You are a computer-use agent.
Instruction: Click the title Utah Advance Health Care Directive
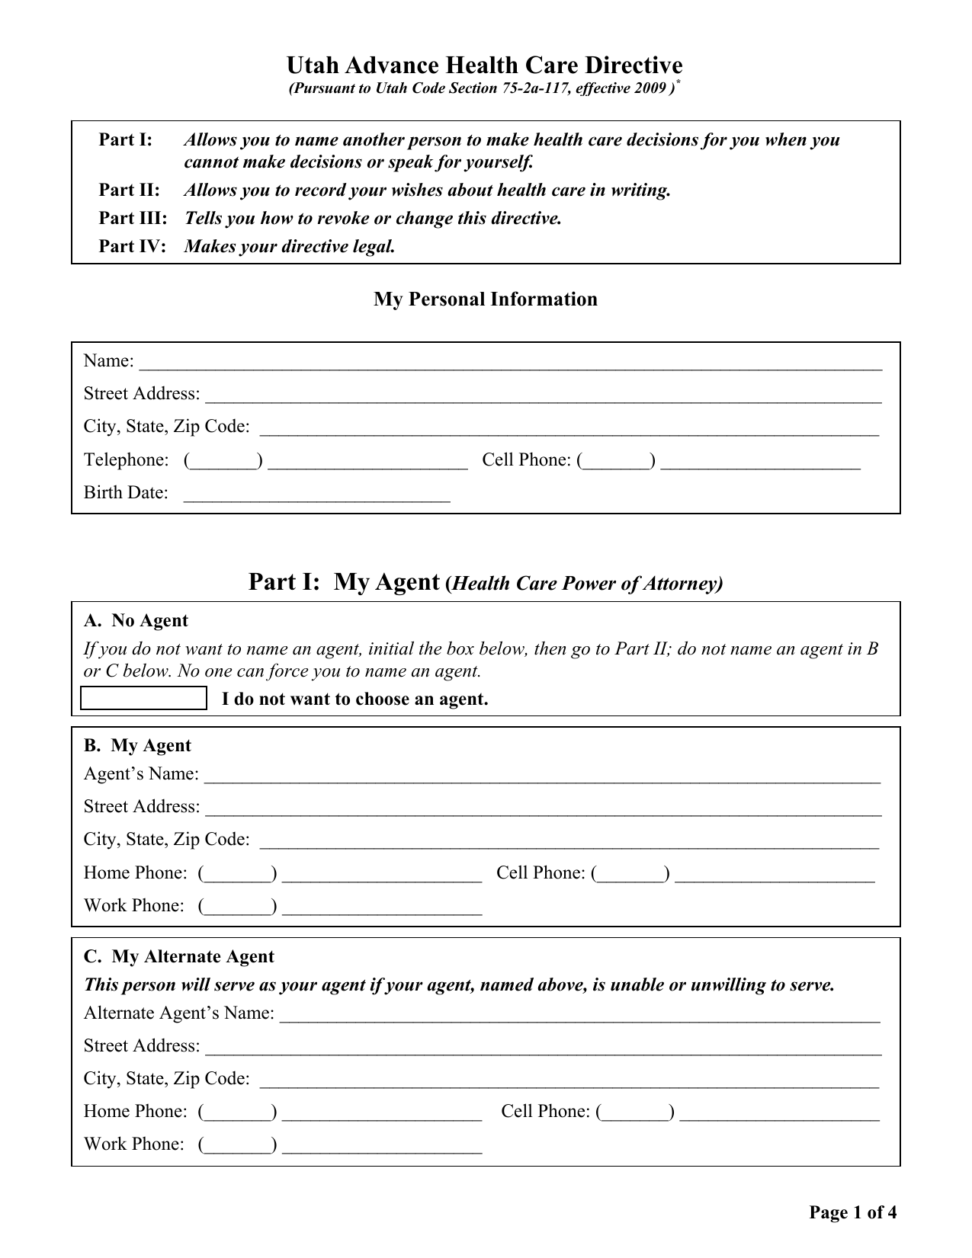[x=485, y=65]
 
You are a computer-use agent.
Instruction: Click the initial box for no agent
[x=144, y=698]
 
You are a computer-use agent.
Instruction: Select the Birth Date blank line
[x=317, y=495]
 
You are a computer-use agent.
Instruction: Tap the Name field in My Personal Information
[x=509, y=363]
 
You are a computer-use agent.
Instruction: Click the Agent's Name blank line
[x=542, y=776]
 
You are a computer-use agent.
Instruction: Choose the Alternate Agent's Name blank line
[x=579, y=1016]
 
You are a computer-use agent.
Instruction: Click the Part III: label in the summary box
[x=133, y=219]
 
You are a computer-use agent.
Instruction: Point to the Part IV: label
[x=132, y=247]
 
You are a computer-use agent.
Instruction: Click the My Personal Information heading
[x=485, y=299]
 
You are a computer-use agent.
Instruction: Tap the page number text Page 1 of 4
[x=852, y=1212]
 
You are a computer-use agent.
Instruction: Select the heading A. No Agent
[x=136, y=621]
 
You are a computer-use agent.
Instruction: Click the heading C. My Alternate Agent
[x=178, y=957]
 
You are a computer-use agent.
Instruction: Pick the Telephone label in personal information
[x=126, y=460]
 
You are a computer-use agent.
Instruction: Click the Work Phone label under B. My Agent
[x=133, y=906]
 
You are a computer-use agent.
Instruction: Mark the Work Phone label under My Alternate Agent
[x=133, y=1144]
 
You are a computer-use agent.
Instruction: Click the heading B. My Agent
[x=137, y=746]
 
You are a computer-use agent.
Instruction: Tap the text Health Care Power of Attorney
[x=585, y=584]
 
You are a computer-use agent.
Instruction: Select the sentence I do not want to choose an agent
[x=354, y=699]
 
